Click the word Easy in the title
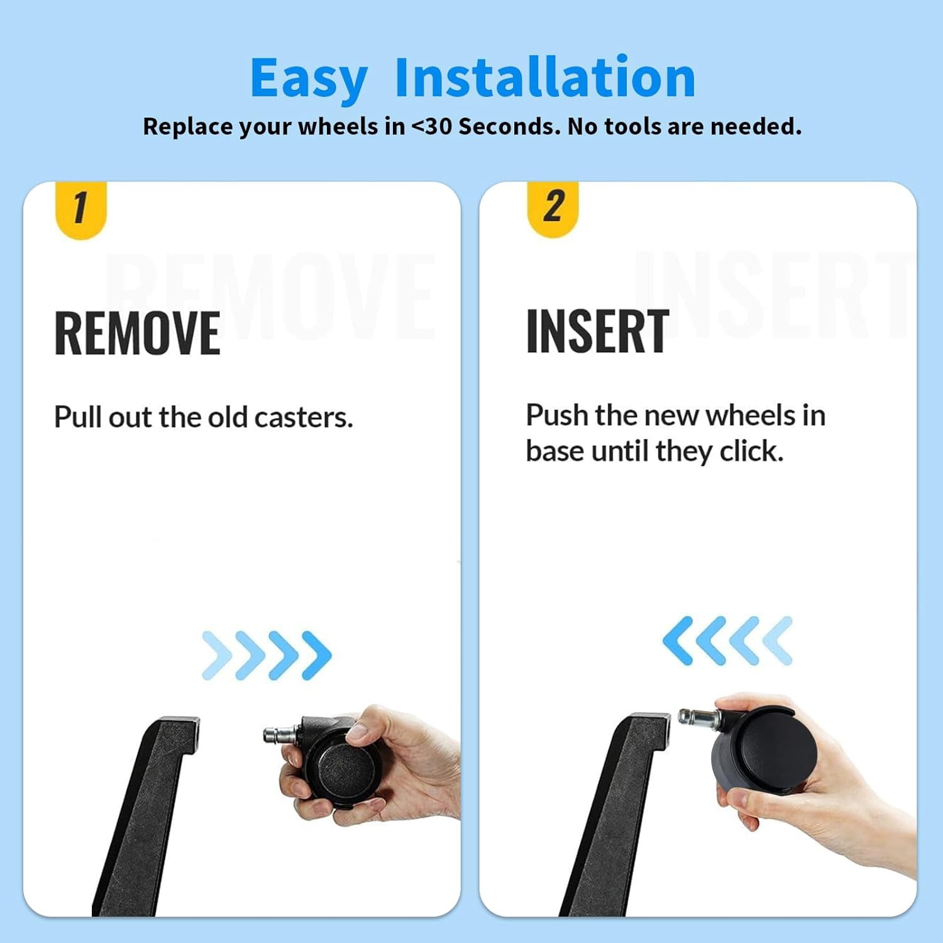[x=309, y=79]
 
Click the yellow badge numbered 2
[x=553, y=209]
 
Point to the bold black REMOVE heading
[x=137, y=333]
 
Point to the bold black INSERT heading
[x=597, y=331]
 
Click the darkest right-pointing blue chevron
[x=317, y=655]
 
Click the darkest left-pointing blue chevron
[x=678, y=641]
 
